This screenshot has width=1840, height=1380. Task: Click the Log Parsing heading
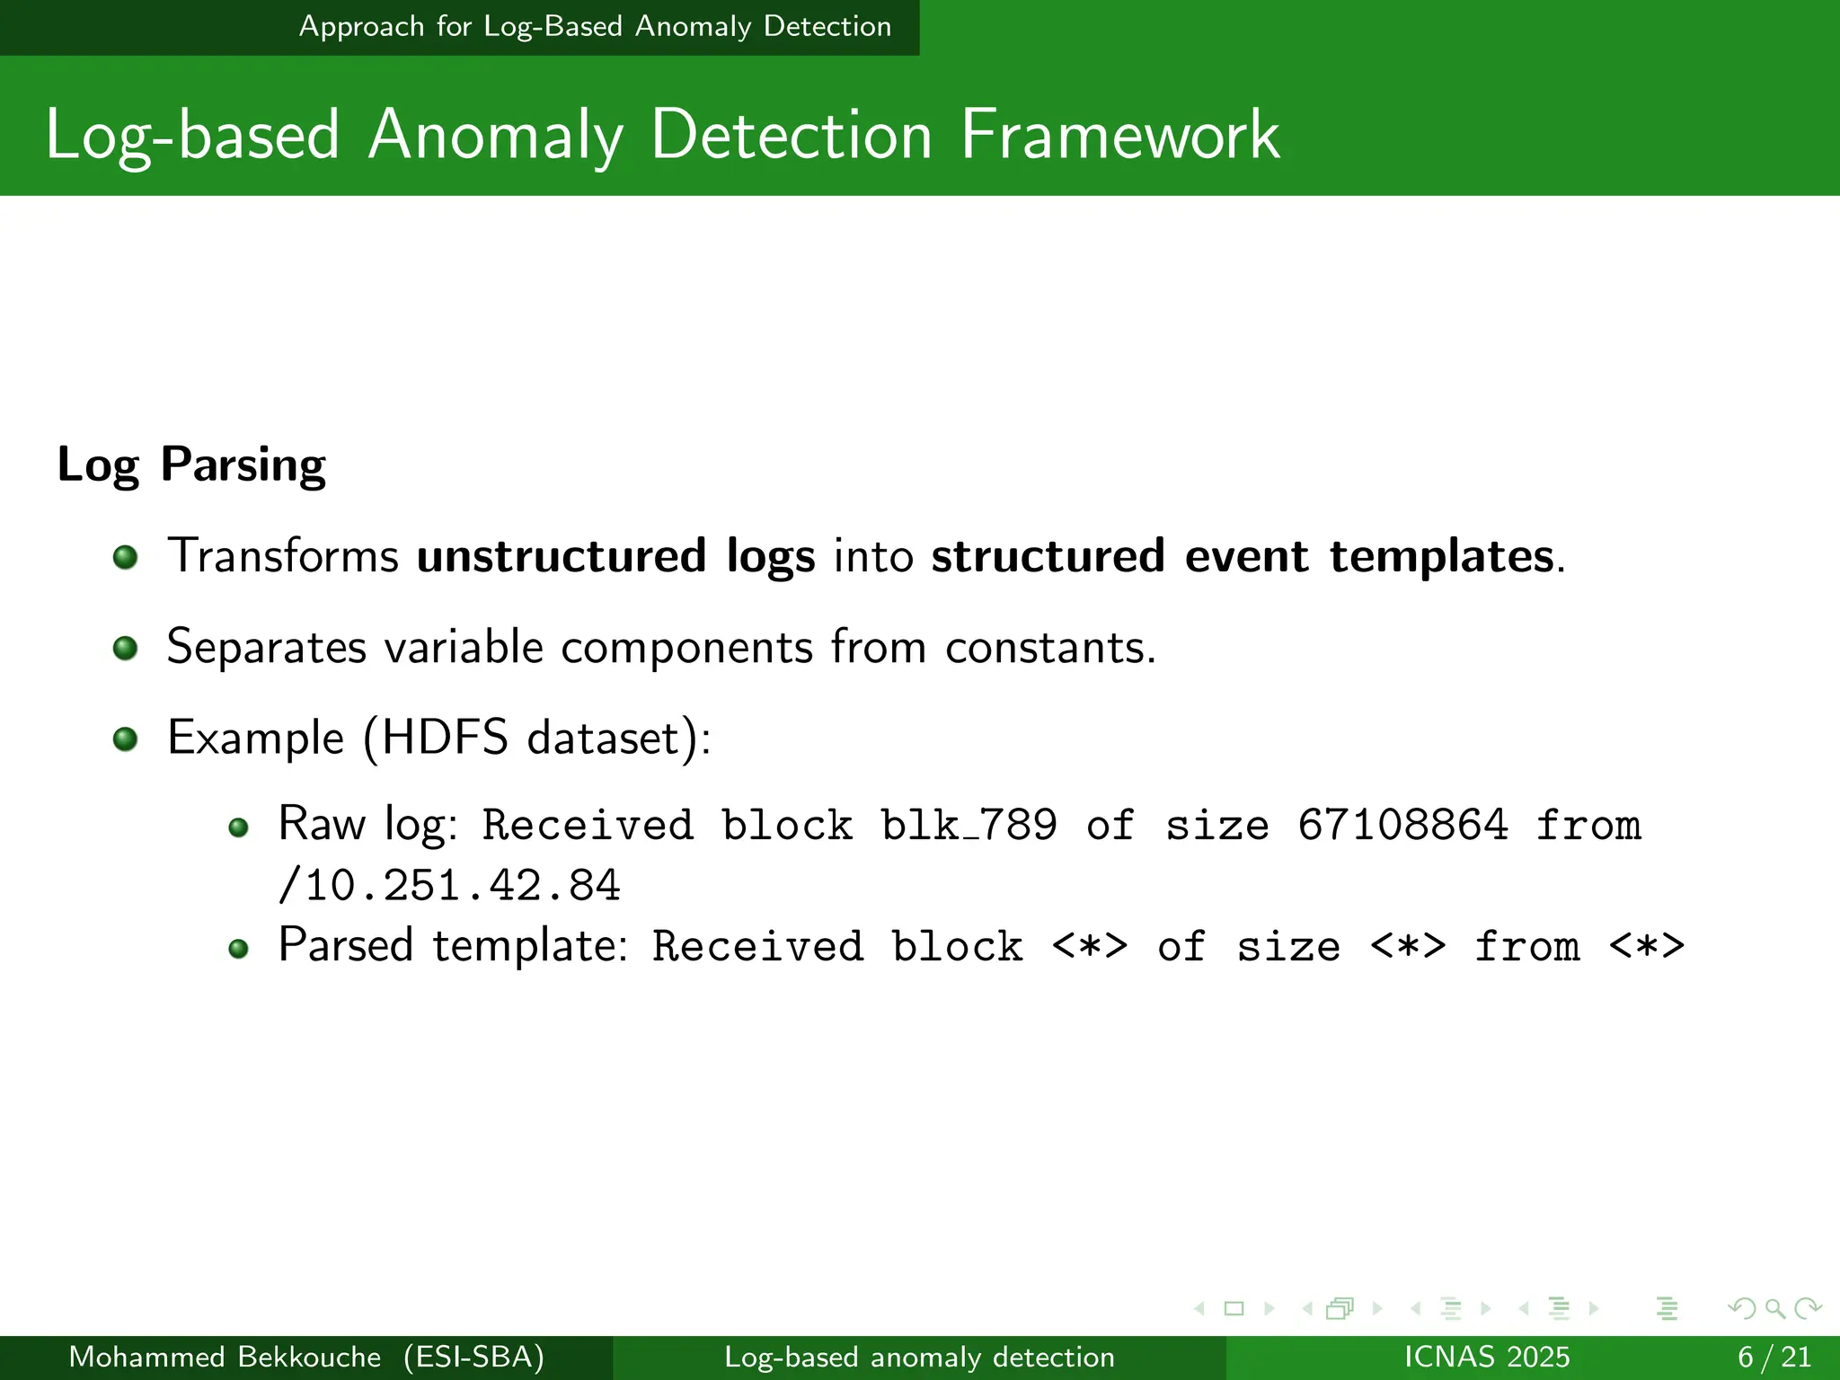point(191,465)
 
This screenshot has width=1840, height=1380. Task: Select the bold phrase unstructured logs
point(615,555)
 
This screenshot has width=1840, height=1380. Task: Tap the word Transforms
point(283,555)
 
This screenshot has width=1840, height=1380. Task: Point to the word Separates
point(267,647)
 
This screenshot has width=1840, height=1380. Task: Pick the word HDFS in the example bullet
point(445,738)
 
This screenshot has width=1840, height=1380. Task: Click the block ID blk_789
point(969,825)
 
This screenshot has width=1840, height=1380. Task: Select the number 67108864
point(1402,825)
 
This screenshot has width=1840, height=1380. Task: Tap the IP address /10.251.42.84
point(449,886)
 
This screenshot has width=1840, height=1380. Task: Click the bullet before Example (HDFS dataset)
point(126,739)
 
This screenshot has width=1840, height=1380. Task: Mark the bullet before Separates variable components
point(126,648)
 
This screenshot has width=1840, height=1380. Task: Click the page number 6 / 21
point(1774,1357)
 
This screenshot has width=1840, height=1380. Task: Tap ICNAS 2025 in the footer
point(1487,1357)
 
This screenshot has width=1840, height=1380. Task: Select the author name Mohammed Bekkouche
point(225,1357)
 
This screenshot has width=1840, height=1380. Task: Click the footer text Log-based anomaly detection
point(919,1357)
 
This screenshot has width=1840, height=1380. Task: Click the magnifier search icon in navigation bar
point(1774,1308)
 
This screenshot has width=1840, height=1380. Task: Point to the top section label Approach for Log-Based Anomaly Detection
point(595,27)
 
